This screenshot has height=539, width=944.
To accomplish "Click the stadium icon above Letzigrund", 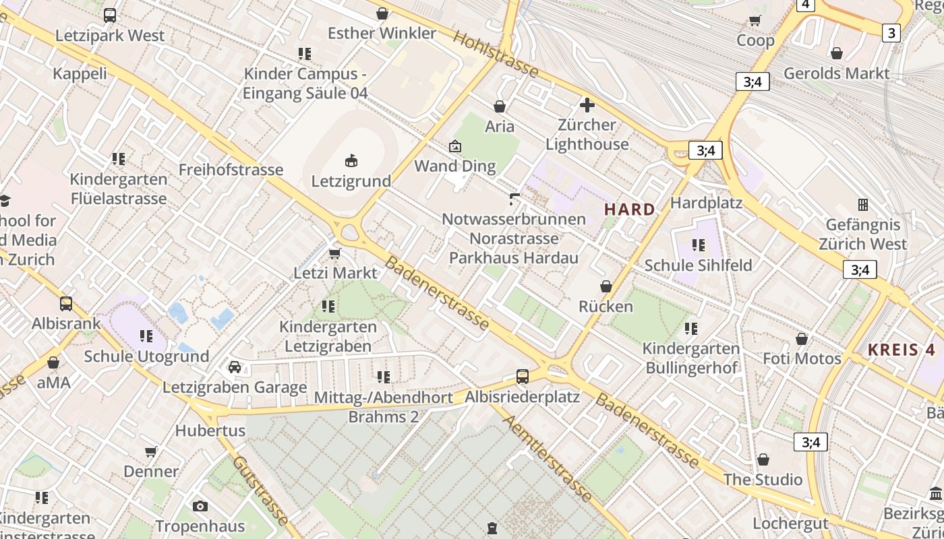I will [x=351, y=160].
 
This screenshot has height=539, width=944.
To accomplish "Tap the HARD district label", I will [x=629, y=210].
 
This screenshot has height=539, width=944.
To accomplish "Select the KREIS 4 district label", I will [x=902, y=350].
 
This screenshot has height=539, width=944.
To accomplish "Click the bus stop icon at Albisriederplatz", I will [x=522, y=376].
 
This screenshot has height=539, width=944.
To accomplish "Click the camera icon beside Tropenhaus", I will [x=200, y=506].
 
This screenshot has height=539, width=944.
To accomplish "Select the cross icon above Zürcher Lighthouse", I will [x=587, y=104].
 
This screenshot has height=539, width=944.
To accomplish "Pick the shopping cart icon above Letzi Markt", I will [x=334, y=253].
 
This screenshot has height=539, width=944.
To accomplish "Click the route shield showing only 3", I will [x=891, y=32].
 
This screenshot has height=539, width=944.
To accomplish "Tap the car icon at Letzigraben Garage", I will [x=235, y=367].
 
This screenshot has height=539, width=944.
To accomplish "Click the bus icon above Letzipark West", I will [x=110, y=15].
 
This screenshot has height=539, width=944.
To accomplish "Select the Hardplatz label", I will [x=706, y=203].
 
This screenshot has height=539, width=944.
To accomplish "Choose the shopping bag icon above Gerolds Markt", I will [x=836, y=53].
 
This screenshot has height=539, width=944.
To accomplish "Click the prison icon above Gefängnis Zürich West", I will [x=862, y=204].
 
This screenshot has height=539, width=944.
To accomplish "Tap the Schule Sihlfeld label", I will [x=698, y=265].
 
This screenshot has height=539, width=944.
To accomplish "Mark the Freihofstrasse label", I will [x=231, y=170].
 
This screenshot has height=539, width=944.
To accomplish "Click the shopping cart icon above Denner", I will [x=151, y=451].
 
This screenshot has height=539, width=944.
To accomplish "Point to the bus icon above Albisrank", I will [x=66, y=303].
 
